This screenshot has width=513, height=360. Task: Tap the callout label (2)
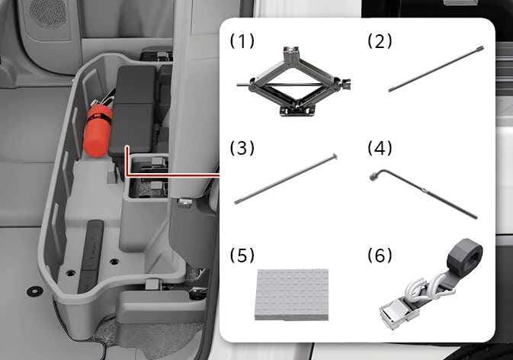380,41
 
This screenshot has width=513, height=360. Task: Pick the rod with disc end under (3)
285,178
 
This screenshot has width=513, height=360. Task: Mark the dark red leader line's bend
125,174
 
